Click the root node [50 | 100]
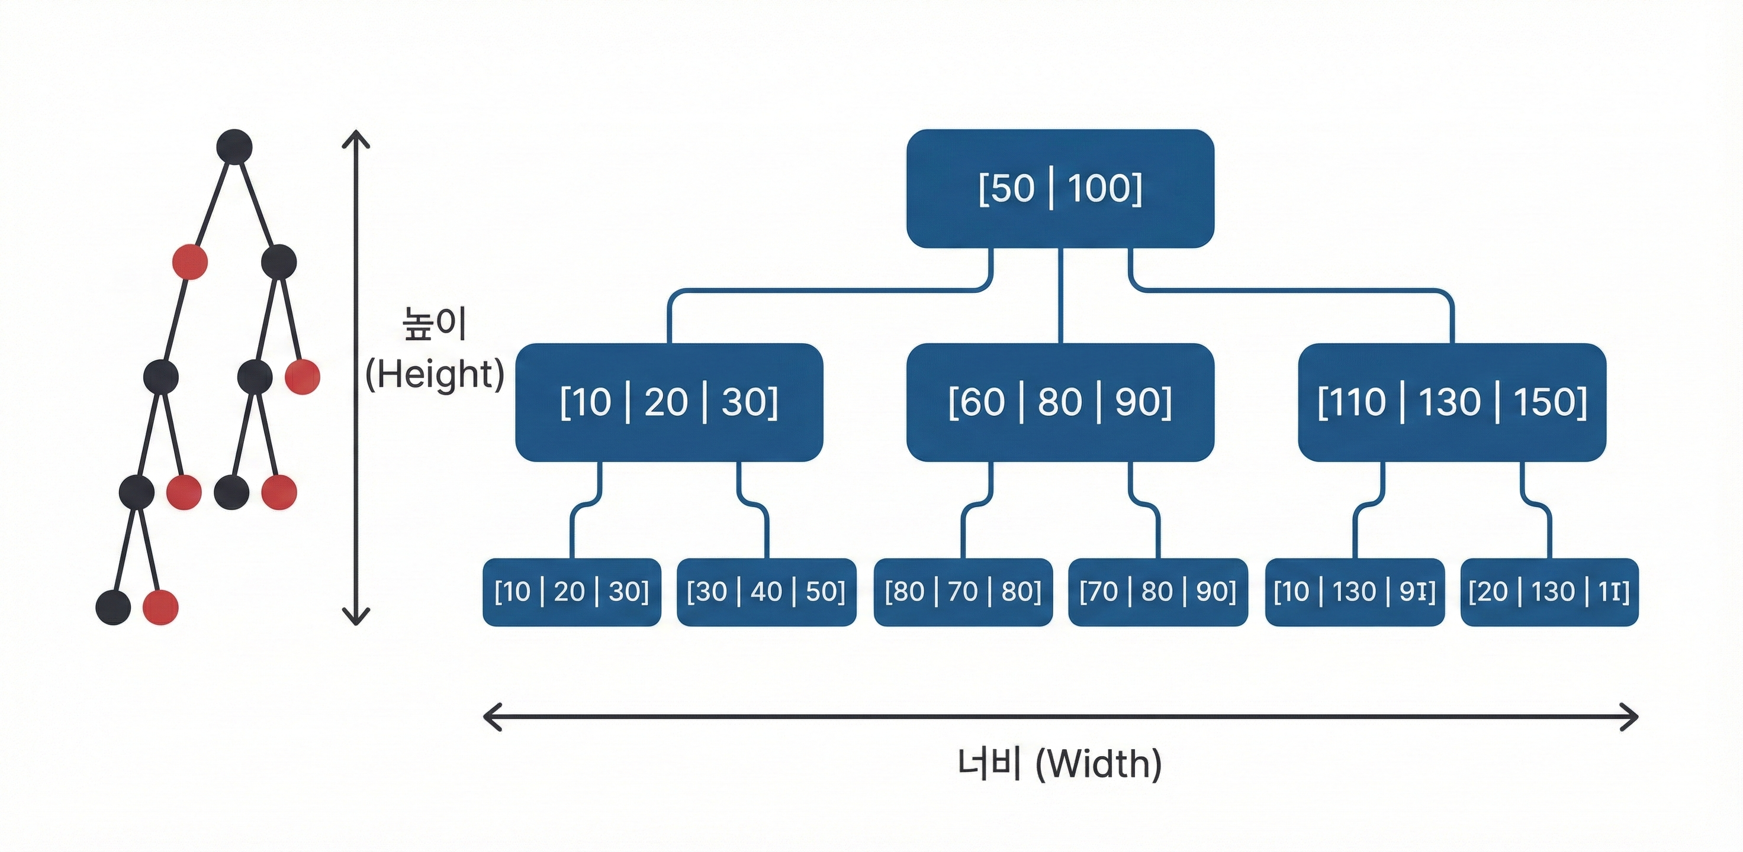pos(1060,188)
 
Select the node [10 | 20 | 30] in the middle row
pos(668,402)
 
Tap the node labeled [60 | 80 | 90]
pos(1060,402)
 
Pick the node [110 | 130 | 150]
pos(1451,402)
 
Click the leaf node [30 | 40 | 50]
pos(766,592)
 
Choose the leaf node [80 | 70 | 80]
pos(962,592)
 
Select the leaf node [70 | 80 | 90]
pos(1157,592)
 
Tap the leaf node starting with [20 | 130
pos(1549,592)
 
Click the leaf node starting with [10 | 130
pos(1354,592)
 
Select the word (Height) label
pos(435,374)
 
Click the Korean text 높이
pos(435,324)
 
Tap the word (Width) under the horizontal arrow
pos(1098,764)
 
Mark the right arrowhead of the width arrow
pos(1631,717)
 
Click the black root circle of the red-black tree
pos(234,147)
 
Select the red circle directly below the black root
pos(189,262)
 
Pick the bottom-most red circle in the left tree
pos(160,607)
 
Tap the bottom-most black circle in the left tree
pos(113,607)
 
